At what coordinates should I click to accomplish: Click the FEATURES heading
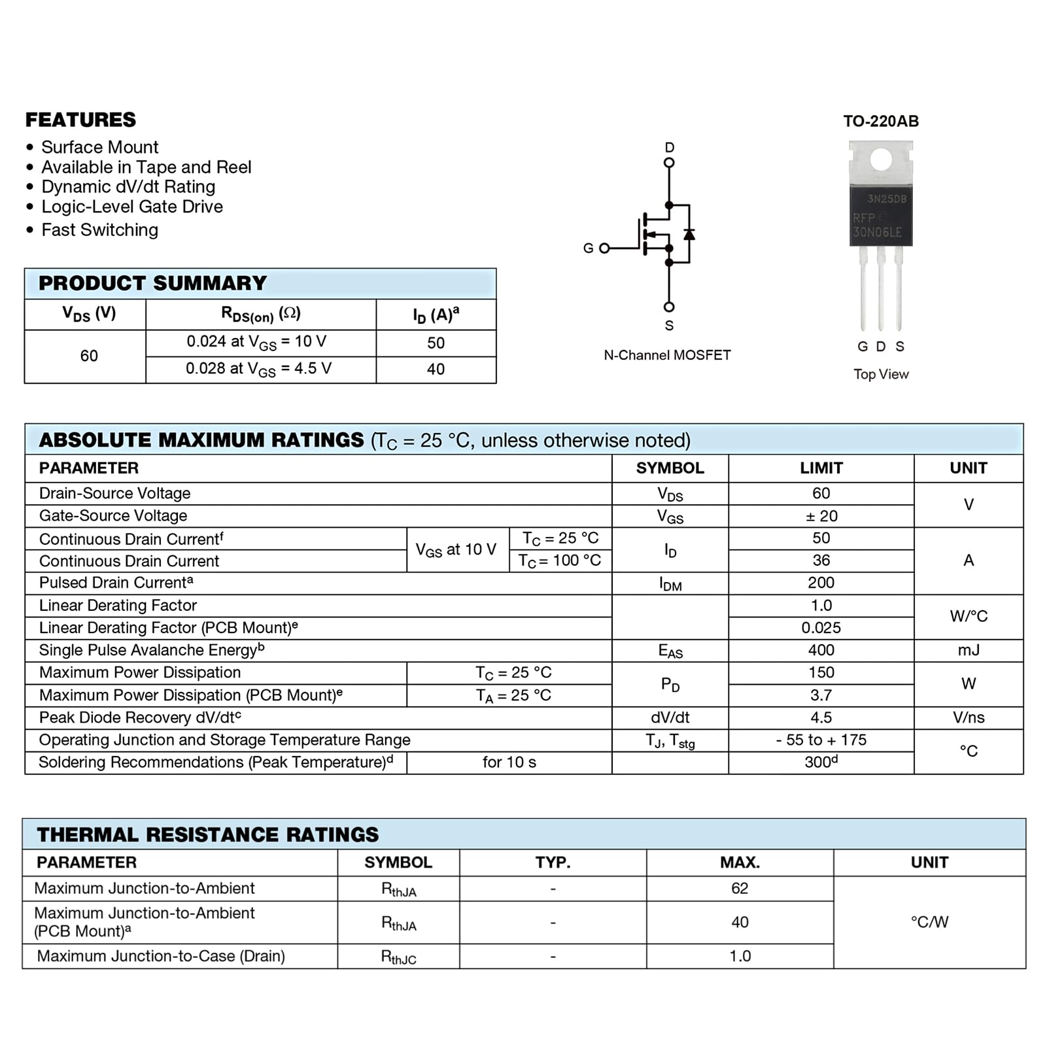point(80,120)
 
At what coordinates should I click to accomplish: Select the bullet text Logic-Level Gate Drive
point(132,207)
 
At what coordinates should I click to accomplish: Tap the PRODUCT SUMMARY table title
point(152,283)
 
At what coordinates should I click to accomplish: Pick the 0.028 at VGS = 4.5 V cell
point(259,369)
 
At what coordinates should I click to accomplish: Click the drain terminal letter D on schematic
point(669,147)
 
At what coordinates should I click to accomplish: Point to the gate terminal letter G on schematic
point(588,248)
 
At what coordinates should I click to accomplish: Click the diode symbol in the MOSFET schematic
point(689,234)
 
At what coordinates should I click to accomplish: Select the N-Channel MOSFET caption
point(667,355)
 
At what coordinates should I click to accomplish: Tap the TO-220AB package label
point(881,121)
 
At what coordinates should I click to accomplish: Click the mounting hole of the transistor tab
point(881,159)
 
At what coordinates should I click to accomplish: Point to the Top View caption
point(881,374)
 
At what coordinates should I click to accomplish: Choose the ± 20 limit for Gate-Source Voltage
point(821,516)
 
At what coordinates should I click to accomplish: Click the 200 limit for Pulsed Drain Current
point(821,583)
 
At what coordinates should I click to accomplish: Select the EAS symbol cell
point(670,651)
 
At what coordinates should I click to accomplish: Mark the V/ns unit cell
point(969,717)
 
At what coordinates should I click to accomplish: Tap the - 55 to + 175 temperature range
point(821,740)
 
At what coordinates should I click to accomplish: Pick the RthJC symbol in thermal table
point(398,957)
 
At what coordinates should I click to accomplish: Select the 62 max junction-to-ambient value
point(740,888)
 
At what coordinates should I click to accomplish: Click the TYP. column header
point(553,863)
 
